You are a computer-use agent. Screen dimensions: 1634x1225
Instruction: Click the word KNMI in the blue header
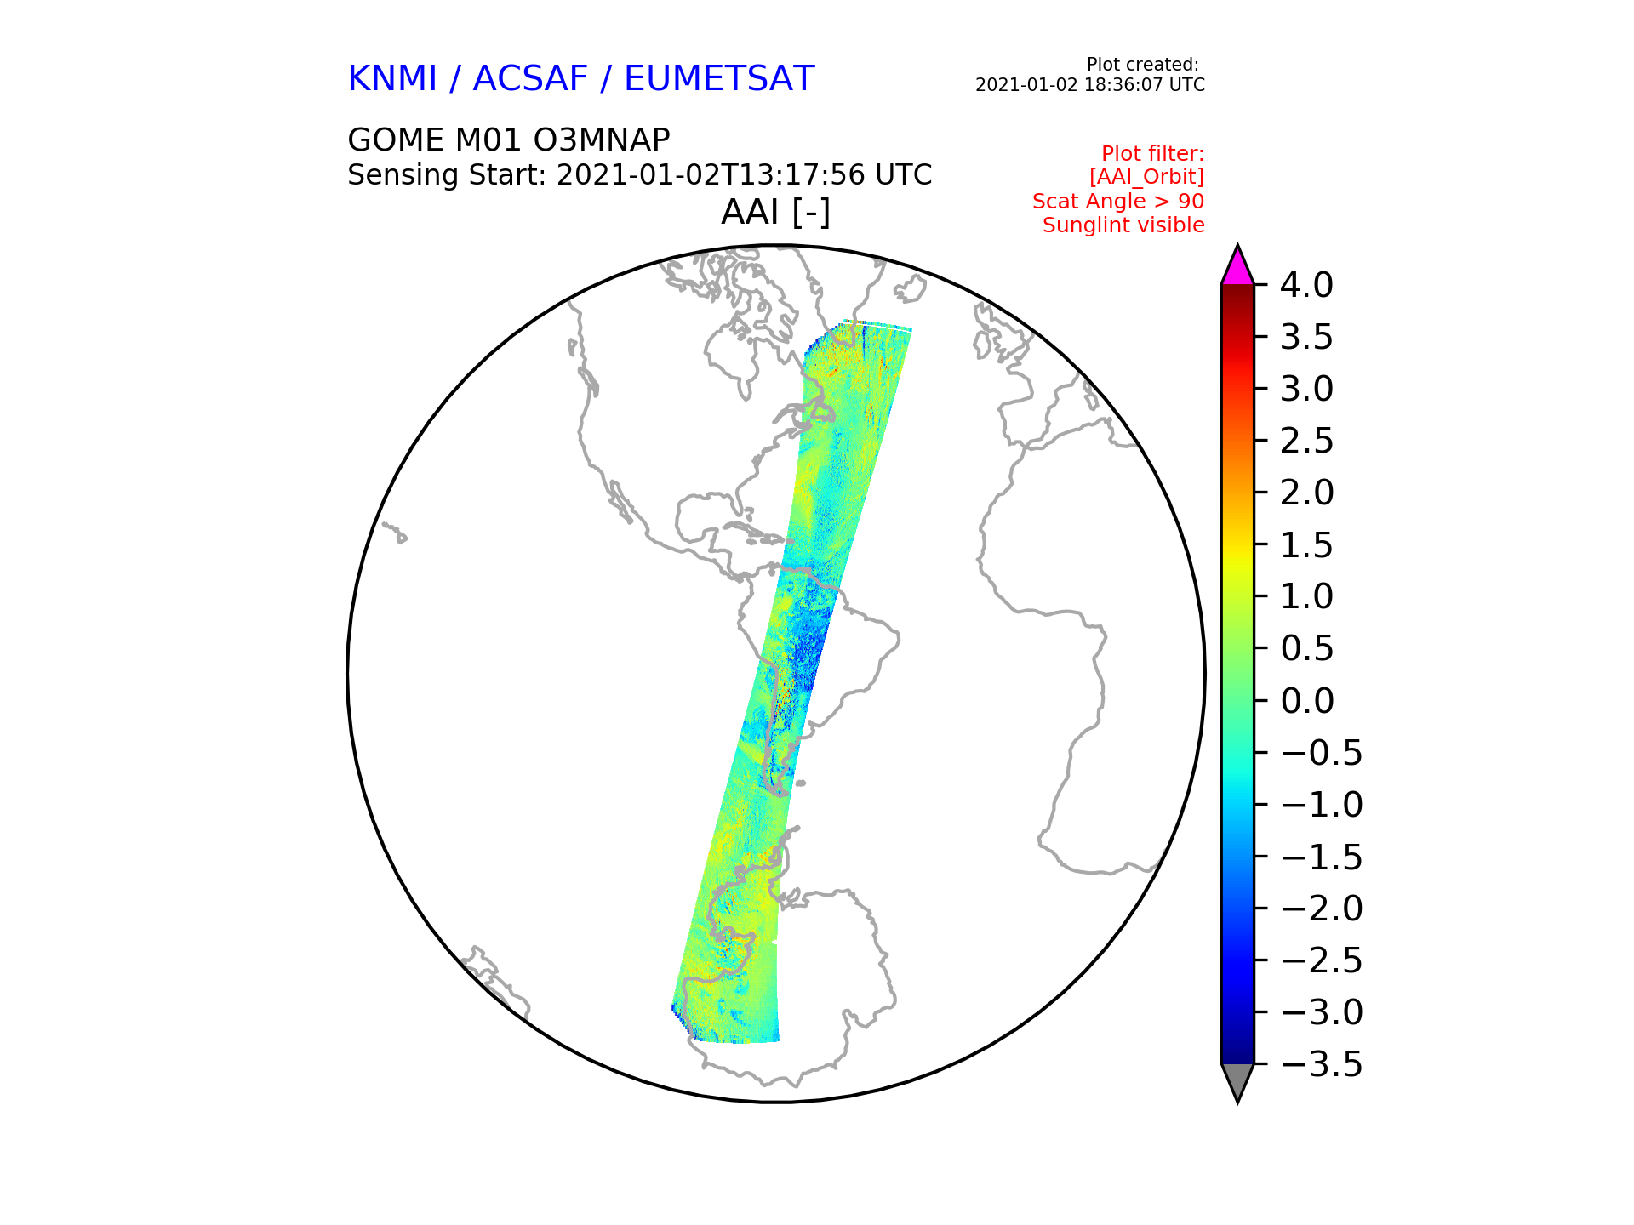point(392,79)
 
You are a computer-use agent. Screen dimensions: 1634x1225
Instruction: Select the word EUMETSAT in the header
point(719,79)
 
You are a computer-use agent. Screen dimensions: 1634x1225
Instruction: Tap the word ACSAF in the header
point(530,79)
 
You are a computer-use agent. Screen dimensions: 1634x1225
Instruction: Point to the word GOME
point(395,140)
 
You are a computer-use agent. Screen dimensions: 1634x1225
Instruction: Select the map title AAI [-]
point(775,213)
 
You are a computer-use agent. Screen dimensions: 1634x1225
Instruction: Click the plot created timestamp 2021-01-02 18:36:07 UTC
point(1090,85)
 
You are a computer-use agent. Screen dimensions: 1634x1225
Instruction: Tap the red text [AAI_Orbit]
point(1146,177)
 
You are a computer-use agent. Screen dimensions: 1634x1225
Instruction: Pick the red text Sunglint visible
point(1123,225)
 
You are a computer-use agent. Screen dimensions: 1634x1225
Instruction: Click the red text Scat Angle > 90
point(1118,202)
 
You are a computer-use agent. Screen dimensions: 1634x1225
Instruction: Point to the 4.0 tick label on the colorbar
point(1306,286)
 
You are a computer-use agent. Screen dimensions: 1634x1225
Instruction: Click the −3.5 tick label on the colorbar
point(1321,1065)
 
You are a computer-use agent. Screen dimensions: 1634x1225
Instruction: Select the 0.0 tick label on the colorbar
point(1306,702)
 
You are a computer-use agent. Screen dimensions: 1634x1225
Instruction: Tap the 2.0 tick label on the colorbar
point(1306,493)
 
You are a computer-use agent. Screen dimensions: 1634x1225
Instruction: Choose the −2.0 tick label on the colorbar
point(1321,909)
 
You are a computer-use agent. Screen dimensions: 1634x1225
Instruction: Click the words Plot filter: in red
point(1153,154)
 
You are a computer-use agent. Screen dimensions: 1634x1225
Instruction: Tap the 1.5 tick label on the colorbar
point(1306,546)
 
